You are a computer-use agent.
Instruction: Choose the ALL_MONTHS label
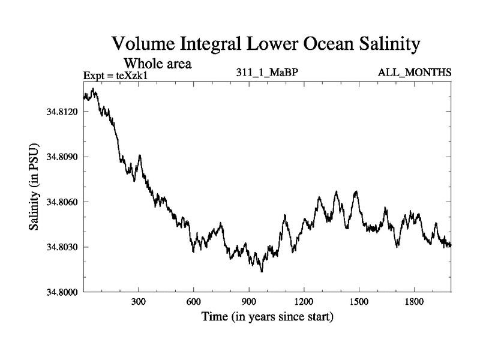pyautogui.click(x=415, y=73)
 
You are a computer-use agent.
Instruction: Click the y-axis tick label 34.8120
pyautogui.click(x=61, y=112)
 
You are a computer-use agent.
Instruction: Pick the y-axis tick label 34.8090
pyautogui.click(x=61, y=157)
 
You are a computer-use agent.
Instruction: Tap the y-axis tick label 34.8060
pyautogui.click(x=61, y=202)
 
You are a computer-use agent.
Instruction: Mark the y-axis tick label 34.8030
pyautogui.click(x=61, y=247)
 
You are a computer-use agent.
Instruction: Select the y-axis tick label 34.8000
pyautogui.click(x=61, y=292)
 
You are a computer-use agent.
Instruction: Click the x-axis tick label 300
pyautogui.click(x=139, y=302)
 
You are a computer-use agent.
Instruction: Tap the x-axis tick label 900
pyautogui.click(x=249, y=302)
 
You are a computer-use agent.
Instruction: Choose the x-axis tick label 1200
pyautogui.click(x=304, y=302)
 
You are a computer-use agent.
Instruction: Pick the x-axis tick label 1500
pyautogui.click(x=359, y=302)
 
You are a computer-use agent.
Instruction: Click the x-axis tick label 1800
pyautogui.click(x=414, y=302)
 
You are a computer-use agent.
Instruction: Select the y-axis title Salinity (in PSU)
pyautogui.click(x=34, y=189)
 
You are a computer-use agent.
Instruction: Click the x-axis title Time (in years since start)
pyautogui.click(x=267, y=316)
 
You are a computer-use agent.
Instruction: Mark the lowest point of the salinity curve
pyautogui.click(x=262, y=272)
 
